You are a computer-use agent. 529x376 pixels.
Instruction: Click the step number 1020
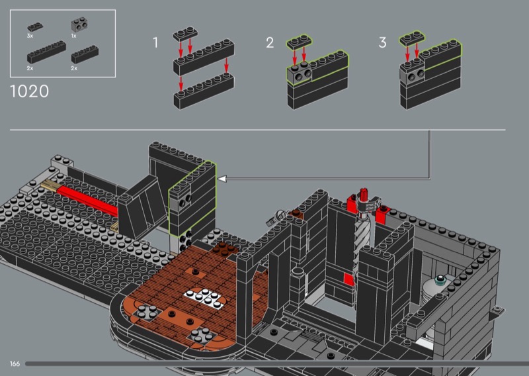pos(30,91)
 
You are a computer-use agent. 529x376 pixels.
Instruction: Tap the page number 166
pos(15,364)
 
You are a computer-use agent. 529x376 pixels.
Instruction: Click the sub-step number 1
pos(155,42)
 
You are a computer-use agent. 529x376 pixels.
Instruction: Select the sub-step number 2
pos(270,42)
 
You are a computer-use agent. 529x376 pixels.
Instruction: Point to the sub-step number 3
pos(382,42)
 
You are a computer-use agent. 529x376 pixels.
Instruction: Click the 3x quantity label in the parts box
pos(30,36)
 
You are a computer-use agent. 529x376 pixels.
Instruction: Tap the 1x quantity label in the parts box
pos(73,36)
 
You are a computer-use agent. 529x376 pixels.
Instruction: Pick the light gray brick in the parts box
pos(79,24)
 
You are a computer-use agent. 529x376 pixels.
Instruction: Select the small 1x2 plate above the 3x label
pos(35,27)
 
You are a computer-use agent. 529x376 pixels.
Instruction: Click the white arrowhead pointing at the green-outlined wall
pos(222,179)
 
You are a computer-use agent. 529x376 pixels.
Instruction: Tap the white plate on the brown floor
pos(204,299)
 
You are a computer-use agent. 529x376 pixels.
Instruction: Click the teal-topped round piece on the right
pos(440,280)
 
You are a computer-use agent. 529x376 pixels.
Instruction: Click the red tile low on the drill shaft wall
pos(349,279)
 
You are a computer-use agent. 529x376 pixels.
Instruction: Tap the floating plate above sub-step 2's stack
pos(300,42)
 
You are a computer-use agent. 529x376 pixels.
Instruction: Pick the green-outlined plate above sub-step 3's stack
pos(412,38)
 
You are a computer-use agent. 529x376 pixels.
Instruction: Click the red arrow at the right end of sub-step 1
pos(226,65)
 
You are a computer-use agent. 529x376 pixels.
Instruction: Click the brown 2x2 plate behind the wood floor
pos(224,248)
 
